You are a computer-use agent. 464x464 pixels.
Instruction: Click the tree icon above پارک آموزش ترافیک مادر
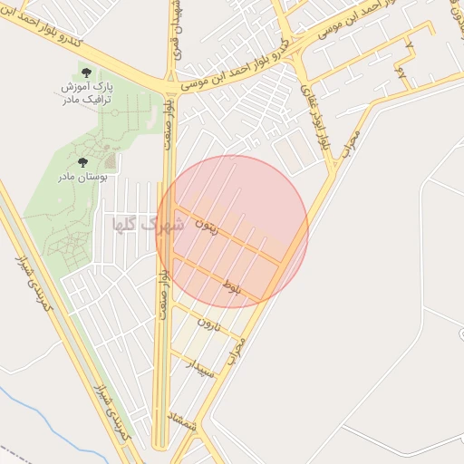click(86, 71)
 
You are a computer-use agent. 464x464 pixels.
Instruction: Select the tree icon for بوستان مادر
click(82, 162)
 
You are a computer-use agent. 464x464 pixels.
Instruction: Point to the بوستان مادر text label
click(82, 177)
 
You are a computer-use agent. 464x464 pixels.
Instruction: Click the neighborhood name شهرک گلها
click(147, 225)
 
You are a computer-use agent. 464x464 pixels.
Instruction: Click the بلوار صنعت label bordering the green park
click(169, 121)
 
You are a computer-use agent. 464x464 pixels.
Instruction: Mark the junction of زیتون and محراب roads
click(284, 264)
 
